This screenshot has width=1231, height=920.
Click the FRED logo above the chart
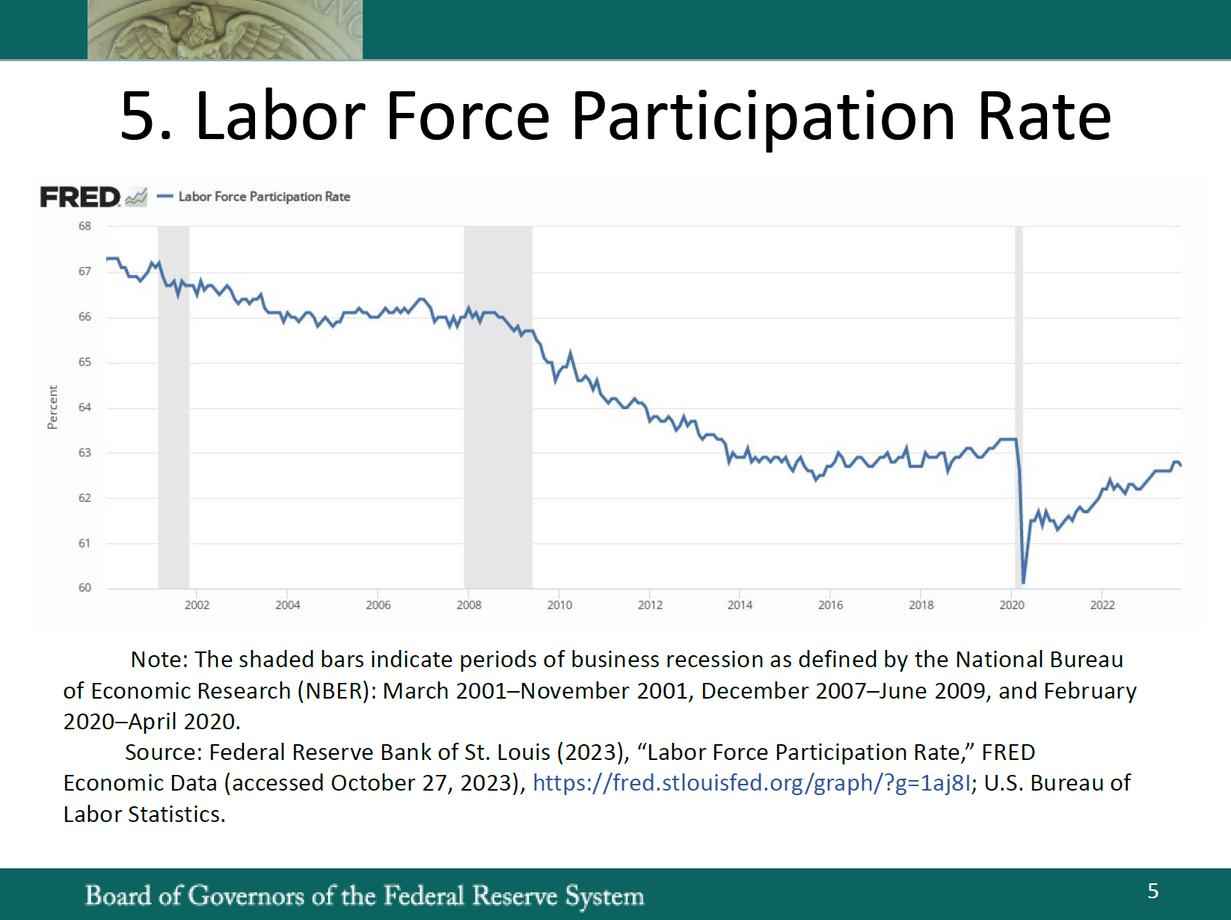click(x=80, y=197)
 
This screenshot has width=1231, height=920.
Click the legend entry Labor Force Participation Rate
click(x=263, y=197)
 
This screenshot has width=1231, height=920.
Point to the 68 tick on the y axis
click(x=85, y=226)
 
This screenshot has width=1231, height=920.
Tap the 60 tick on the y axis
click(x=85, y=588)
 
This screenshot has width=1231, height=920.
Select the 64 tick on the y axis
click(x=85, y=408)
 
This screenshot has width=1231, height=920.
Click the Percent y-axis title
click(x=52, y=408)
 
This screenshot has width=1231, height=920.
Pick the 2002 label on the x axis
click(x=197, y=605)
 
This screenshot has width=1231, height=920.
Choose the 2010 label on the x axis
click(x=559, y=605)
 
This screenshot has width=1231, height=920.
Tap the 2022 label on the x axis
click(x=1102, y=605)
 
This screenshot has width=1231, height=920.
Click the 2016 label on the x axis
click(x=830, y=605)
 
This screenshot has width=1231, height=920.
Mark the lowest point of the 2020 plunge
click(x=1023, y=582)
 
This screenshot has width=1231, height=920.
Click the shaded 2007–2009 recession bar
click(x=498, y=449)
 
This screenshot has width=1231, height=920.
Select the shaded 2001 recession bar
click(x=174, y=449)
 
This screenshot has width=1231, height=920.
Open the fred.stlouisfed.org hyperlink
click(x=751, y=783)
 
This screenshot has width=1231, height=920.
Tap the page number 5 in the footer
click(x=1153, y=891)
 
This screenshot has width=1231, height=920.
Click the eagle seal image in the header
click(x=224, y=30)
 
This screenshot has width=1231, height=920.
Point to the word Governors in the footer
click(x=246, y=895)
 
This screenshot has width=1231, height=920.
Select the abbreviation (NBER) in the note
click(x=337, y=691)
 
